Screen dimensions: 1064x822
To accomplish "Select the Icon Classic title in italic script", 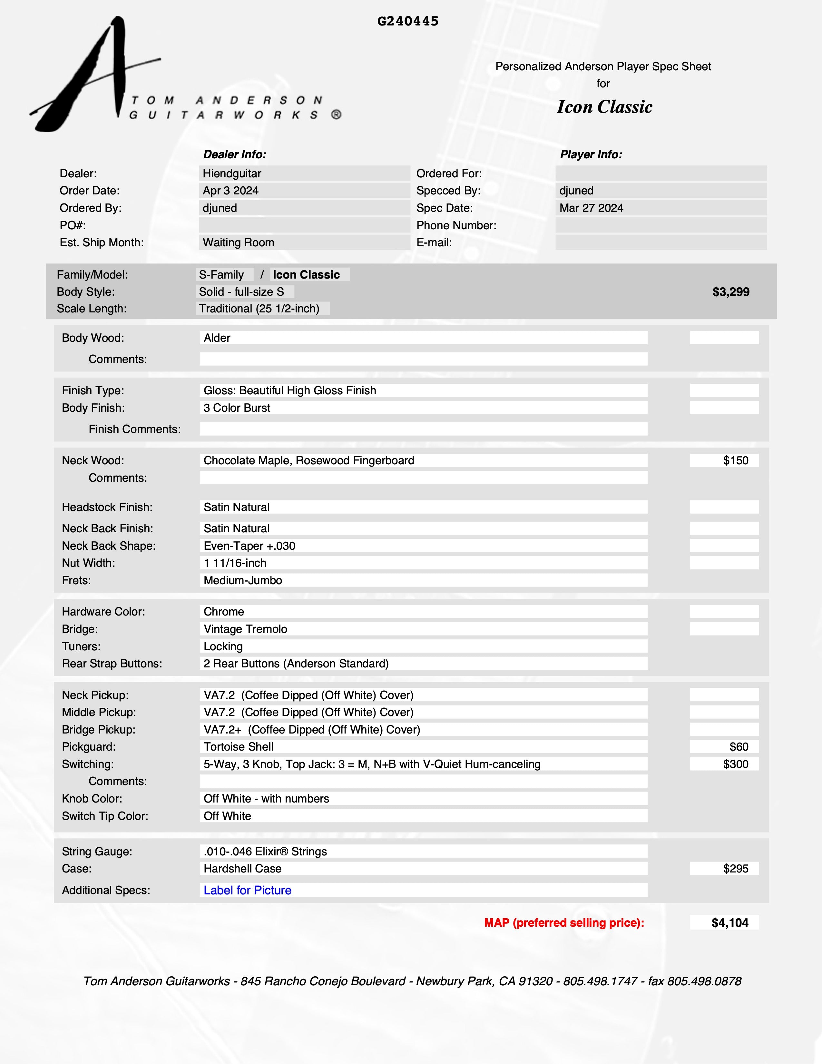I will pos(604,107).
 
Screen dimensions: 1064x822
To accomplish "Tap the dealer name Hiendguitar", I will pos(232,173).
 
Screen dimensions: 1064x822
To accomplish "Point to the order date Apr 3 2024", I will pos(230,191).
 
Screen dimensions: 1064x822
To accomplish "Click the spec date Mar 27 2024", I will pos(591,208).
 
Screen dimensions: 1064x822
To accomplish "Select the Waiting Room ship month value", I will pos(238,242).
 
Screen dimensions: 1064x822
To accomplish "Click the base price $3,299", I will pos(730,292).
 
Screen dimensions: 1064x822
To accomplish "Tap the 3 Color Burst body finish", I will pos(237,408).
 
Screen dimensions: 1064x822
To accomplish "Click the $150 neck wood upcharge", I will pos(735,460).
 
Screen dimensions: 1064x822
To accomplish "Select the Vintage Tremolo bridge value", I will pos(245,629).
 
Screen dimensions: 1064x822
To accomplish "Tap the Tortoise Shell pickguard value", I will pos(238,746).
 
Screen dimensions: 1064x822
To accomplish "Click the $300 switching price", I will pos(735,764).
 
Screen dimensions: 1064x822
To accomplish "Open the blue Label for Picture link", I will pos(247,890).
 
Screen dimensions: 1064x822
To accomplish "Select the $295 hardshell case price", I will pos(735,868).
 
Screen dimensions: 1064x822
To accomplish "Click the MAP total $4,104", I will pos(729,923).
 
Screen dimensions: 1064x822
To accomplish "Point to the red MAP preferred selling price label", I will pos(564,923).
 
